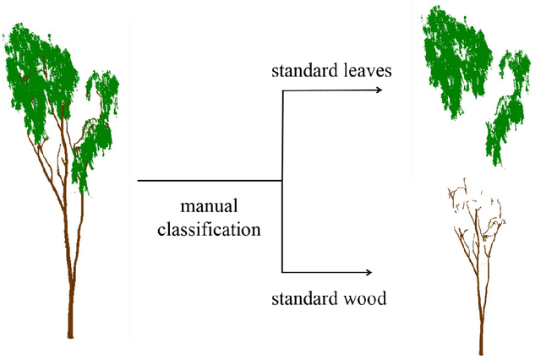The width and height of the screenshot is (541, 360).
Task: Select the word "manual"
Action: [208, 206]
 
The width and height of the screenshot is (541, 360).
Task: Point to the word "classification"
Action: [208, 228]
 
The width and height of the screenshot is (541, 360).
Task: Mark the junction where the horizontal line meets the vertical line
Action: [281, 181]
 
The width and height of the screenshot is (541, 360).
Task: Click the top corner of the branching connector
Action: [281, 92]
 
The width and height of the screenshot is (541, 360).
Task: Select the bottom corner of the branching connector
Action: [281, 272]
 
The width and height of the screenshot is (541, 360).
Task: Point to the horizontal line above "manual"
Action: [209, 181]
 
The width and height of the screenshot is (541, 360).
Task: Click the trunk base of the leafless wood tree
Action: [480, 346]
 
